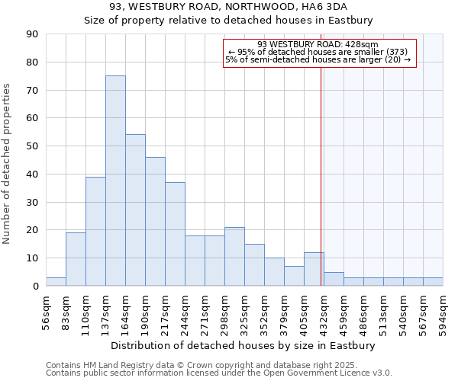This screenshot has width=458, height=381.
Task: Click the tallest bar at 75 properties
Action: tap(115, 181)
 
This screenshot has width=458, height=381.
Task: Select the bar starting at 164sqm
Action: tap(135, 210)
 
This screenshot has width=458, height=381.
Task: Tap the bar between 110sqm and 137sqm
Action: tap(95, 231)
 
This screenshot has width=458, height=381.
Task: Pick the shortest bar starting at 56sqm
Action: tap(56, 282)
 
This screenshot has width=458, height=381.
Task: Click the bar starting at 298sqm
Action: tap(234, 257)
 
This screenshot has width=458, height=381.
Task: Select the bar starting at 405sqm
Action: tap(314, 269)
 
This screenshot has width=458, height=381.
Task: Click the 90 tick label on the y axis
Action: tap(32, 34)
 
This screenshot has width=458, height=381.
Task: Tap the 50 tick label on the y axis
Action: tap(32, 146)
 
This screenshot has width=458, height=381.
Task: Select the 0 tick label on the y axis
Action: tap(35, 286)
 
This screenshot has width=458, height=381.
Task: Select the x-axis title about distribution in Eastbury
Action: tap(244, 345)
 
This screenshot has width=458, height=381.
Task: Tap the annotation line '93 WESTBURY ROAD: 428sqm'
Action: tap(318, 44)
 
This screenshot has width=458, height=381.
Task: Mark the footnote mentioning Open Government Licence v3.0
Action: tap(218, 373)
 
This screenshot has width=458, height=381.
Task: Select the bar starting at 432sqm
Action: tap(334, 279)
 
